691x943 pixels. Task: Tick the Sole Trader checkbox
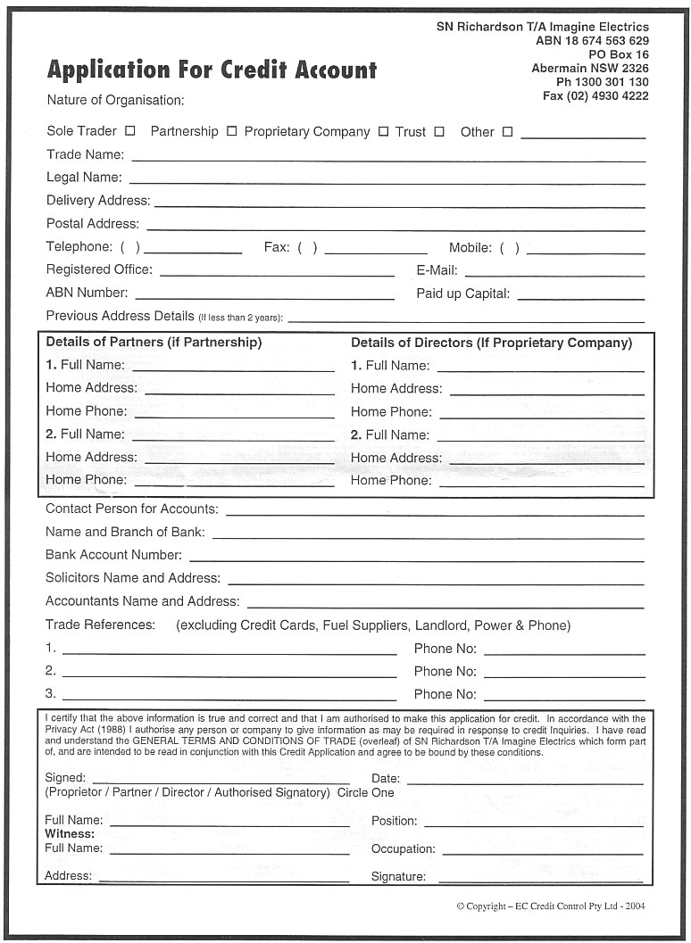[x=130, y=130]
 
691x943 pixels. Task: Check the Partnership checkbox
[x=231, y=131]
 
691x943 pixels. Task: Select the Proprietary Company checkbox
[x=383, y=131]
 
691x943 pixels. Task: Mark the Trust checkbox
[x=439, y=131]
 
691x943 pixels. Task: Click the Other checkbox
[x=507, y=131]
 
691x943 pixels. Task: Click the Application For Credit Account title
[x=212, y=70]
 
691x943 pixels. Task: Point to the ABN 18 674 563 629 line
[x=592, y=41]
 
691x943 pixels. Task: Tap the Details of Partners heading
[x=154, y=343]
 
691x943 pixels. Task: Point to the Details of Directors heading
[x=491, y=343]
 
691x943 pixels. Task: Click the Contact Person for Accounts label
[x=131, y=509]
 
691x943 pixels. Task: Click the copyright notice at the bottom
[x=550, y=906]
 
